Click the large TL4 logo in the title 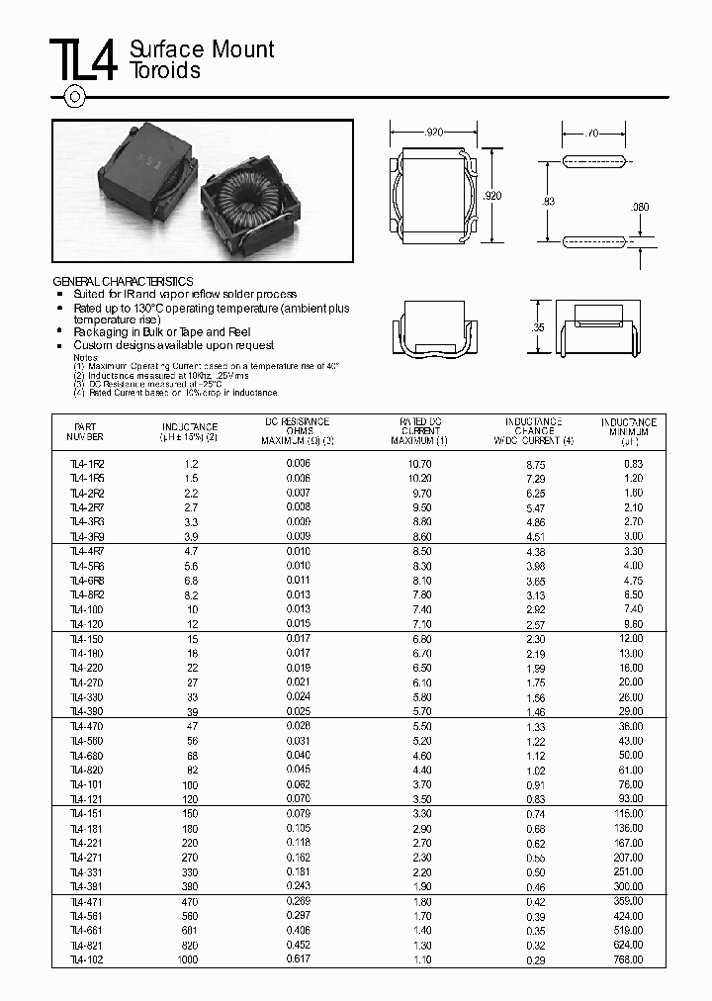[84, 60]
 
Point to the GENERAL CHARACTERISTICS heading [123, 282]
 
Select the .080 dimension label [640, 207]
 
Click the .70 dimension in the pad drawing [592, 132]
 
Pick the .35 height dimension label [539, 326]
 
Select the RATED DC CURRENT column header [420, 430]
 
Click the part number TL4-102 [87, 959]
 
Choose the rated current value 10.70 [419, 463]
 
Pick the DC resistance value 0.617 [298, 959]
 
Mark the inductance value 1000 [188, 959]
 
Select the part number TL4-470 [87, 726]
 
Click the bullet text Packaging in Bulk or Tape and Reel [162, 332]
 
